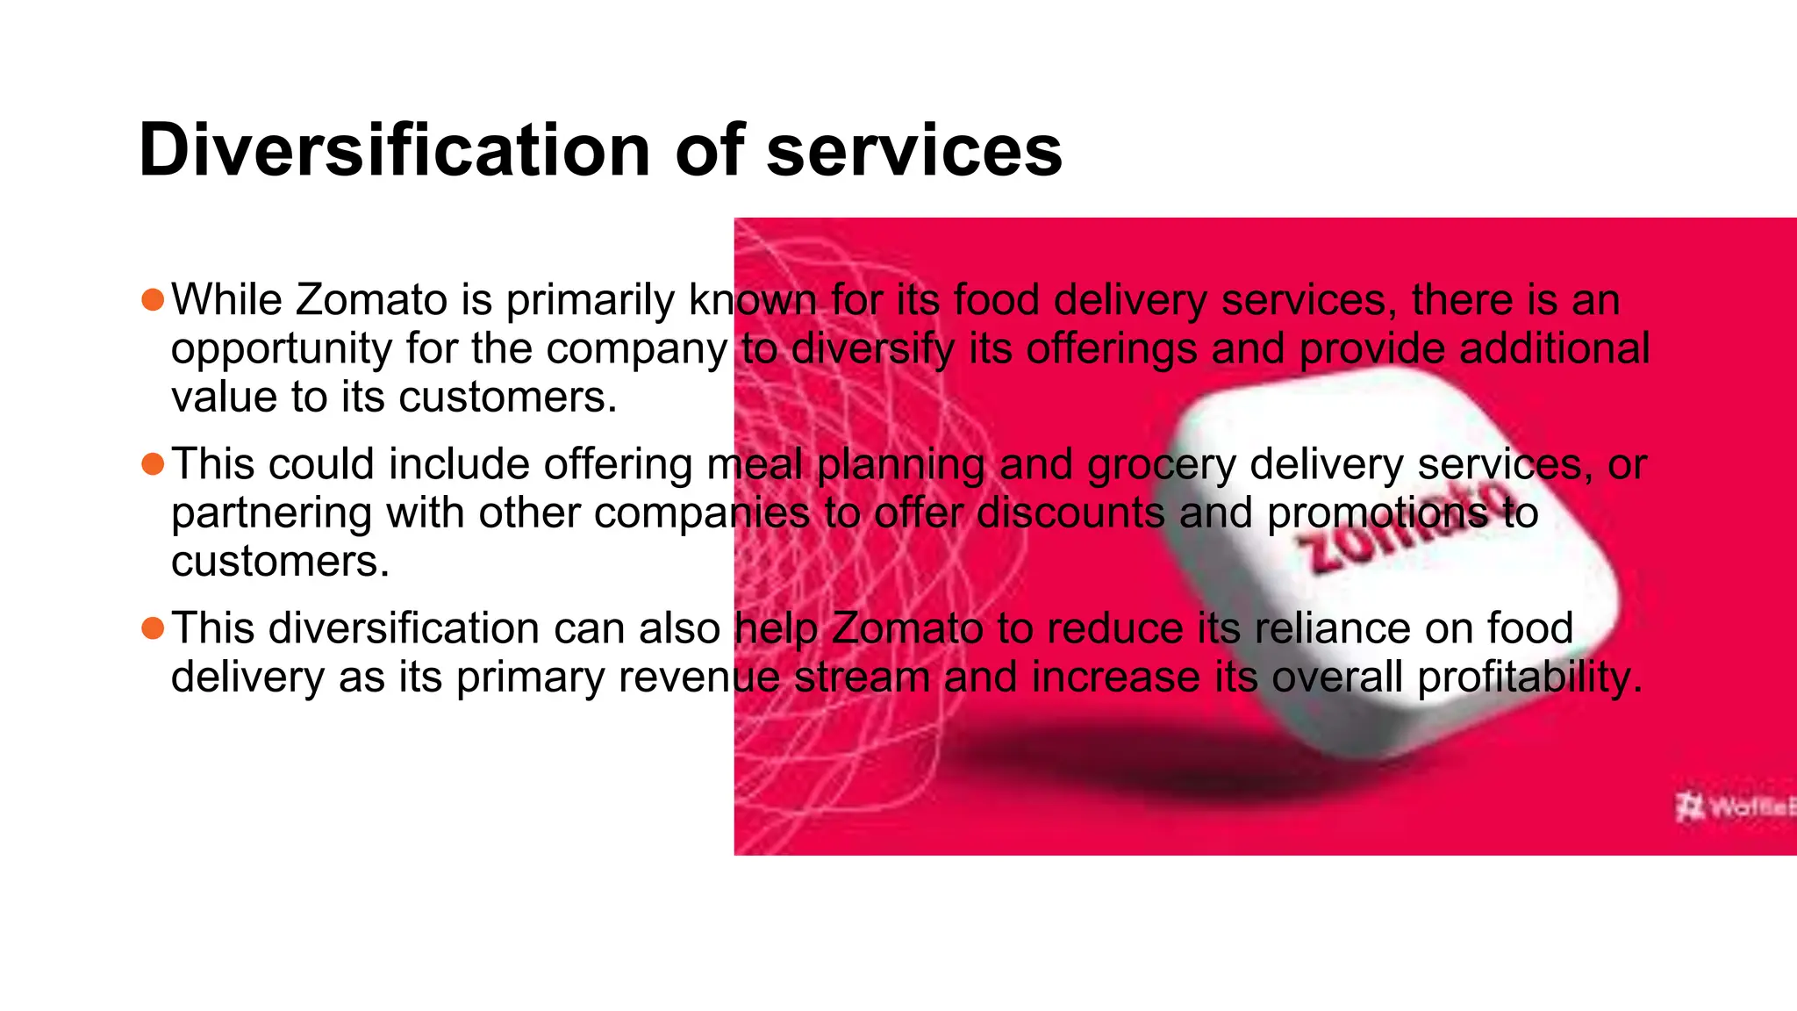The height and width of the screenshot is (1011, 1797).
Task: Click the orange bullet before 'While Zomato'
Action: (153, 300)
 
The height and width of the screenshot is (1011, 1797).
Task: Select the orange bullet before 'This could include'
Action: (153, 463)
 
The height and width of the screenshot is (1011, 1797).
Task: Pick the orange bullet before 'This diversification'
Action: (153, 628)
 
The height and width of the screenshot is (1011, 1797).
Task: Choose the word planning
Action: (901, 464)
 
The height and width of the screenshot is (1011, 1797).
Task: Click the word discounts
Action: (1070, 513)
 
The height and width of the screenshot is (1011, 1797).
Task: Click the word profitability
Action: (1529, 677)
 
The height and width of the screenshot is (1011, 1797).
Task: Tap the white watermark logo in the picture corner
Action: (1733, 806)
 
